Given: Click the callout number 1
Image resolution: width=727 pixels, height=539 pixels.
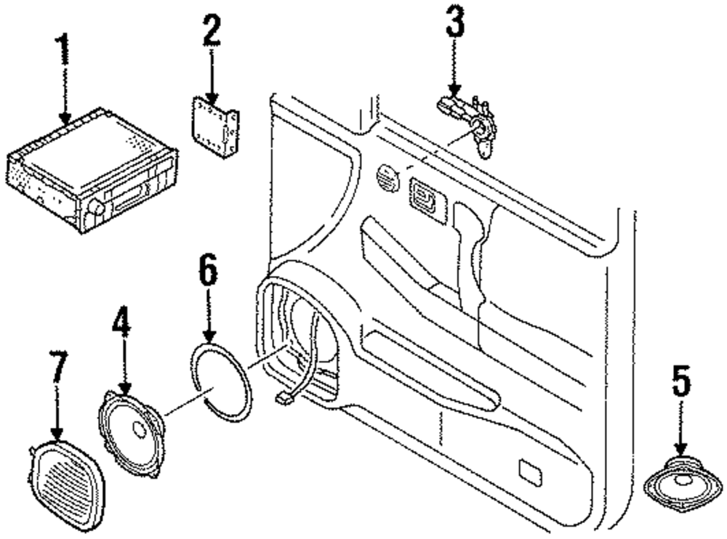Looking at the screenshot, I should (65, 52).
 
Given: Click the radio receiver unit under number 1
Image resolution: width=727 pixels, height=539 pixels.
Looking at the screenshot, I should (91, 170).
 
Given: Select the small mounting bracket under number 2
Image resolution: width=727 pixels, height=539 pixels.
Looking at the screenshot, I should (214, 127).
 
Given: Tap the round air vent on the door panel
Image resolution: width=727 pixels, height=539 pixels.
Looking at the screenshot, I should (388, 177).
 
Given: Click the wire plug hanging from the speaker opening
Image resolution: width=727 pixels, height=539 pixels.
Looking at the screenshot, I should (283, 397).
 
